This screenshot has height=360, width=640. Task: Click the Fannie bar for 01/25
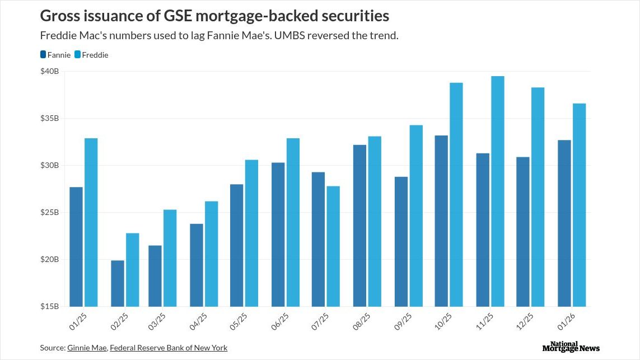[x=76, y=246]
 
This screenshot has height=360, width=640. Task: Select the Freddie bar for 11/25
[x=497, y=191]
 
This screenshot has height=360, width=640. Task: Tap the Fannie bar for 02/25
[x=118, y=283]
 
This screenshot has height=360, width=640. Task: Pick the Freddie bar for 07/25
[x=333, y=246]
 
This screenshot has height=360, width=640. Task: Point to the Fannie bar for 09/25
[x=401, y=241]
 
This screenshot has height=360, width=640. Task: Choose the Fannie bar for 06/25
[x=278, y=235]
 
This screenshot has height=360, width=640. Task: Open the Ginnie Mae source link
[x=87, y=348]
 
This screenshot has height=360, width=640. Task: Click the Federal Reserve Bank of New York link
[x=169, y=348]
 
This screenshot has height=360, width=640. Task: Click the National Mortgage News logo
[x=571, y=347]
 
